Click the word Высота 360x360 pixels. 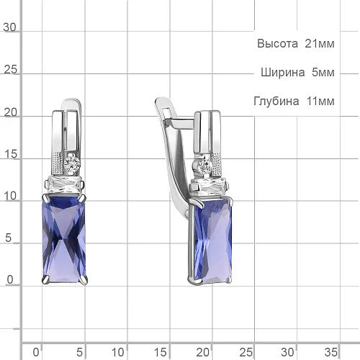click(277, 44)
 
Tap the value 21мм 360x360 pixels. click(320, 44)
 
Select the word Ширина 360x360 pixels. click(283, 72)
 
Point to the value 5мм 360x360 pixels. click(323, 72)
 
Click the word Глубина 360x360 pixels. click(276, 101)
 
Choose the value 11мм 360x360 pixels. click(320, 101)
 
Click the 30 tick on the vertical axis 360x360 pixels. click(9, 27)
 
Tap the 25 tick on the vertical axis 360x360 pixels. click(11, 70)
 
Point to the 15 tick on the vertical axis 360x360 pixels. click(11, 154)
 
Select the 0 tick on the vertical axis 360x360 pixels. click(10, 279)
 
